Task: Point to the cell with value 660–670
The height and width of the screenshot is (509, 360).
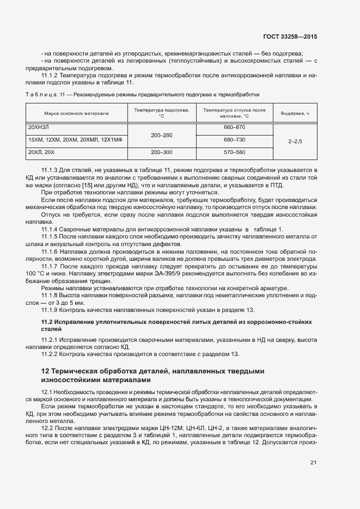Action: [234, 127]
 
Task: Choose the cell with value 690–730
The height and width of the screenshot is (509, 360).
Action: [234, 140]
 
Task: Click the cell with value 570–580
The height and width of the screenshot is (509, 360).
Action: [234, 152]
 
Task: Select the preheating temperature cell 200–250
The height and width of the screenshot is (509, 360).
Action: [161, 134]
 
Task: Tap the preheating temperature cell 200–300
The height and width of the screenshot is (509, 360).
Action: [161, 152]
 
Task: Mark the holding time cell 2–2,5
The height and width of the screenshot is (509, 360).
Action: [295, 140]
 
